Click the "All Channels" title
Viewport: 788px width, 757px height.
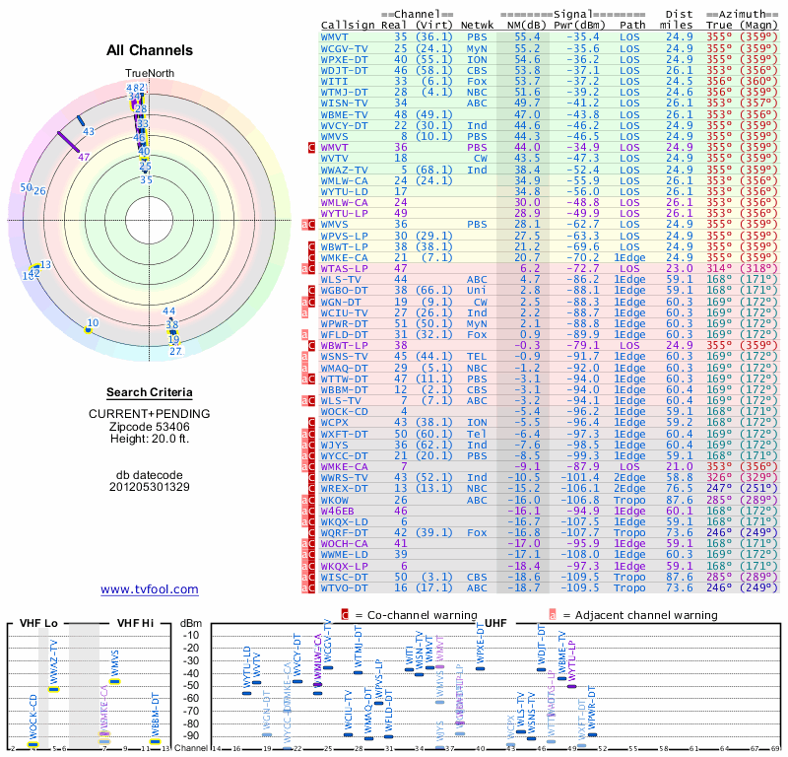point(150,50)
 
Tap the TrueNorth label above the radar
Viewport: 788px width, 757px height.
point(150,74)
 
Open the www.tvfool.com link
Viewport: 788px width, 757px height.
point(150,589)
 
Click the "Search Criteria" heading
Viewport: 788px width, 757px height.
point(150,392)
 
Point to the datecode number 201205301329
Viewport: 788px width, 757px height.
point(150,486)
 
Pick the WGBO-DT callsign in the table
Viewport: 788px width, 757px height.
point(344,291)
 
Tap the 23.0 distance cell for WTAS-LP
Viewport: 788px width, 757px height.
point(679,267)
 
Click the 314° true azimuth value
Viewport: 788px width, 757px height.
point(721,267)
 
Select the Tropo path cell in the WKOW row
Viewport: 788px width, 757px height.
point(632,501)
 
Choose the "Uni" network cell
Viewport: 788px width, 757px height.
point(477,291)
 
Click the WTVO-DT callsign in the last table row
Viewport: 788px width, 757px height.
point(344,586)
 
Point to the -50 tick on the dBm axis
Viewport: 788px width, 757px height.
point(191,685)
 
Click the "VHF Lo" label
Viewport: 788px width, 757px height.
point(36,625)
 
